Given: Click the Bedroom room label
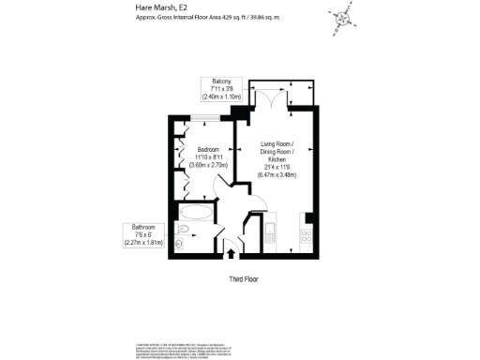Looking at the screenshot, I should point(208,150).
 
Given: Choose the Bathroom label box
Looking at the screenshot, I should point(142,234).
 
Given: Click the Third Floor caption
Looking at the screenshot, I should point(243,279).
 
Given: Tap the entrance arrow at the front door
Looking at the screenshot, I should point(232,252).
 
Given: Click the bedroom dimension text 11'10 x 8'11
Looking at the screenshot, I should point(208,157).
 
